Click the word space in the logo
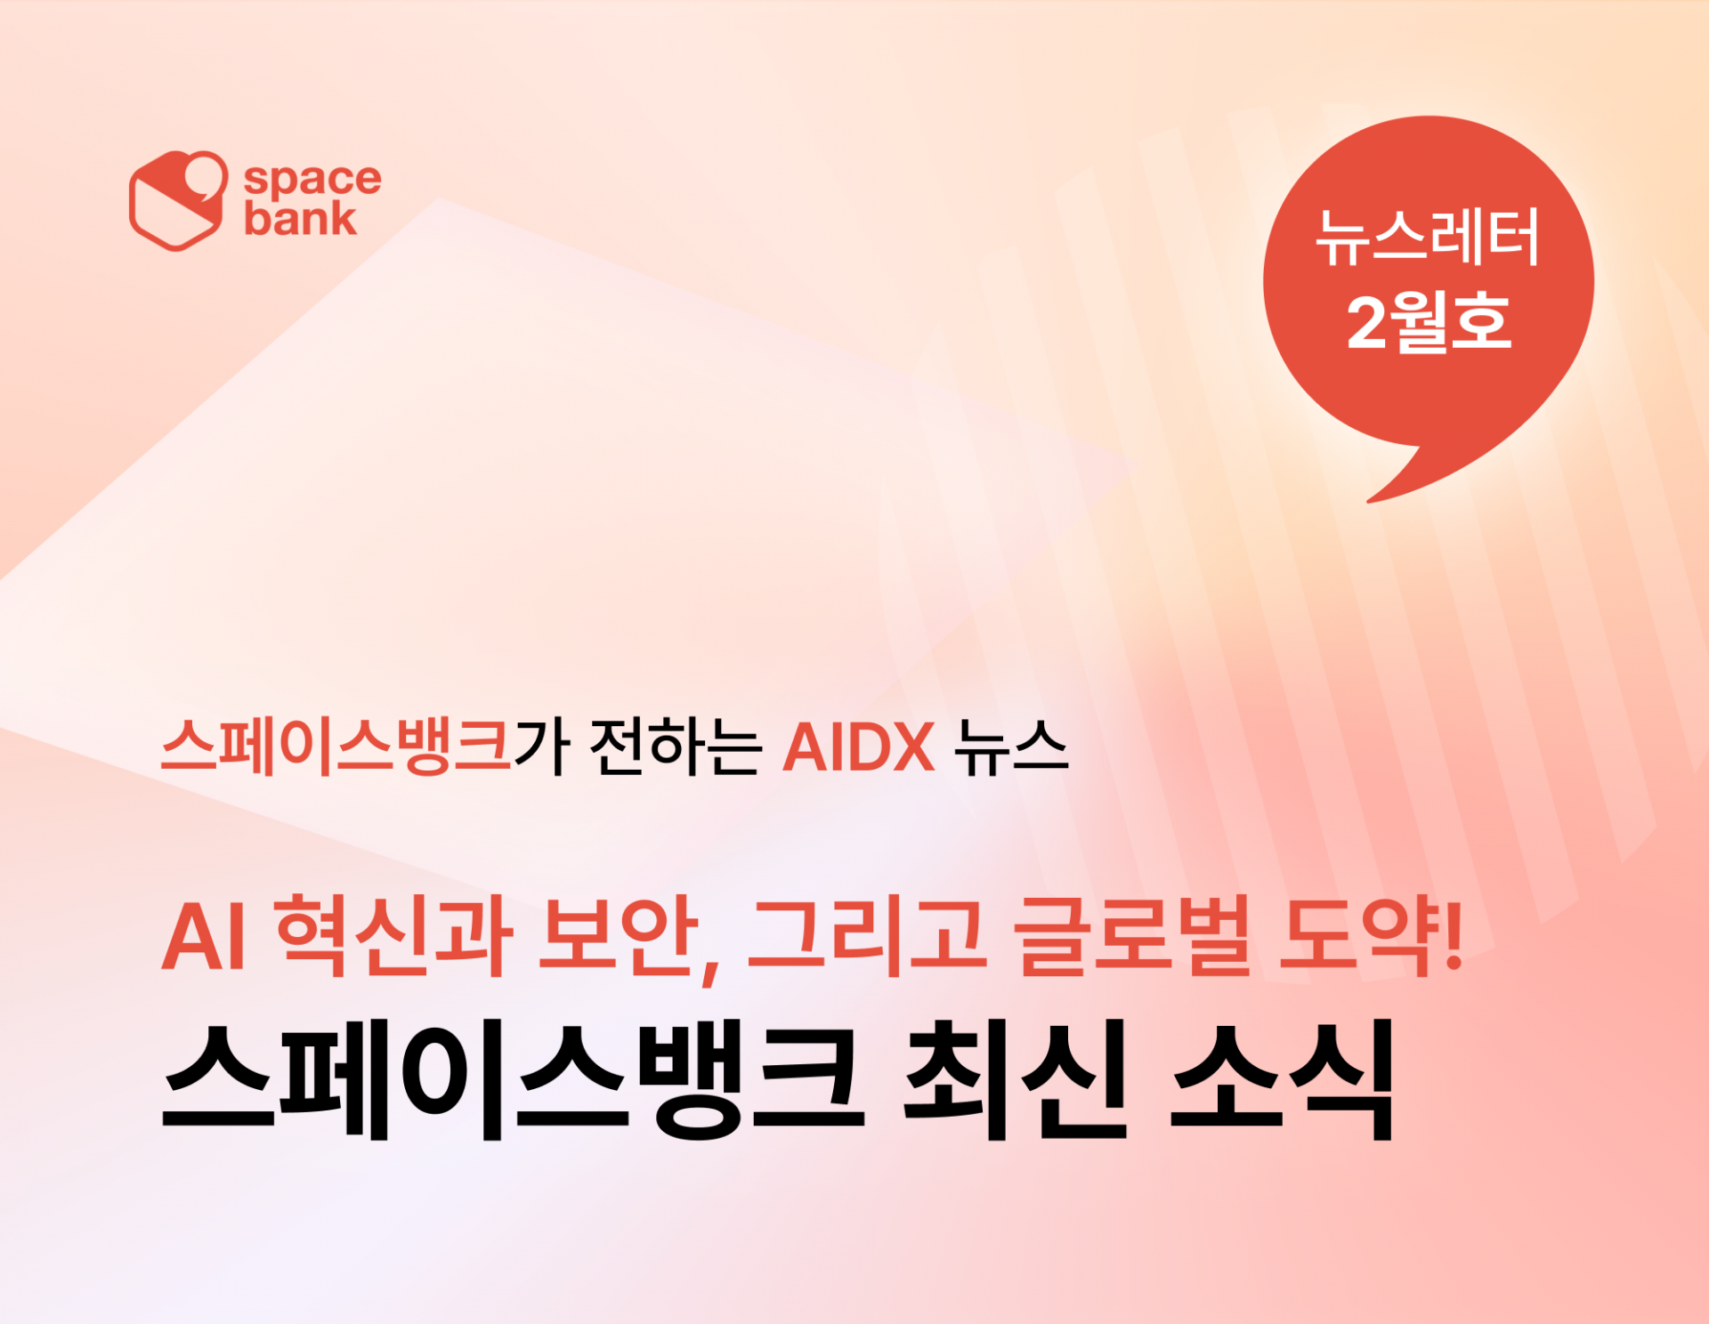tap(312, 179)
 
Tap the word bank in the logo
tap(301, 218)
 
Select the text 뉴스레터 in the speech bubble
tap(1428, 238)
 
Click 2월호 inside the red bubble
tap(1429, 321)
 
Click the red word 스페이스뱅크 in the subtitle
tap(336, 747)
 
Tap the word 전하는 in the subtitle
tap(675, 747)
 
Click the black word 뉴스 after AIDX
tap(1010, 747)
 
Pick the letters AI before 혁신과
tap(203, 938)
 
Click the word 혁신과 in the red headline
tap(393, 936)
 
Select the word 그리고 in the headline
tap(867, 936)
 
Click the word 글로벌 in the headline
tap(1132, 936)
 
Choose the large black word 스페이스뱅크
tap(513, 1081)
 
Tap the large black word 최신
tap(1016, 1081)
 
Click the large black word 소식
tap(1282, 1081)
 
